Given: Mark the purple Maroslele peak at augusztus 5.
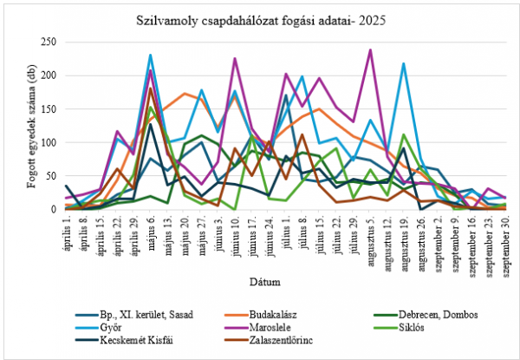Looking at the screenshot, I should tap(371, 50).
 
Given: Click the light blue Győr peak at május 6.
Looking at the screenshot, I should tap(150, 56).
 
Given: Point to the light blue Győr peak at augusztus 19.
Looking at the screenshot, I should tap(404, 64).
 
